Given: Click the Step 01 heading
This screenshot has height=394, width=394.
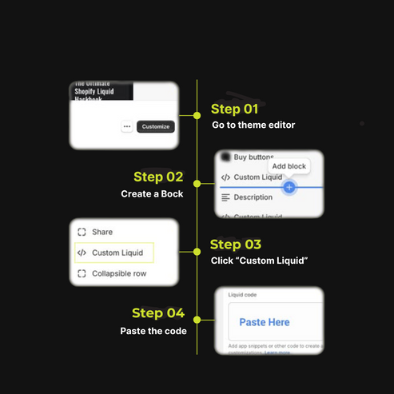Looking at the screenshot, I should coord(234,109).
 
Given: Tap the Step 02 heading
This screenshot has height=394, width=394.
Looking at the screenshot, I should coord(158,177).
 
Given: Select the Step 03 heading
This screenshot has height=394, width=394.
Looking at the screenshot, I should coord(235,245).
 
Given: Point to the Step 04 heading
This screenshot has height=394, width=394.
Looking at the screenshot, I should coord(158,312).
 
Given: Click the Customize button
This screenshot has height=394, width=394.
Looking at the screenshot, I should coord(155,126).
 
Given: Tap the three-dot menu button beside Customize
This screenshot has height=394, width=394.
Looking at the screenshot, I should coord(127,126).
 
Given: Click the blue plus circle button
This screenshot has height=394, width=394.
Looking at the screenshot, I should coord(289,187).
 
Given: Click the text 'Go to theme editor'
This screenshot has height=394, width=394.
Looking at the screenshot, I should coord(253,125).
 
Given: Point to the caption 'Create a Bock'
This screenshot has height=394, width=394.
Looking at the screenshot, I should coord(152,194).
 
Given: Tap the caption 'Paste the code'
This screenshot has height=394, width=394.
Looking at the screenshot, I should coord(153,330).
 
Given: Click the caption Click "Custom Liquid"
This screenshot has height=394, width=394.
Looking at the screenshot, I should coord(259,262).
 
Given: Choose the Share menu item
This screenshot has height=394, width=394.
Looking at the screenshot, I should coord(101,232).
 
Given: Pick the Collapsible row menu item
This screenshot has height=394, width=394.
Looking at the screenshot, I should coord(118,274).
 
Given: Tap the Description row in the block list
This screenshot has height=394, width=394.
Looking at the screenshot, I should coord(253,197).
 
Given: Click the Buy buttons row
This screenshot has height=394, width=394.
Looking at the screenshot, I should coord(253,158).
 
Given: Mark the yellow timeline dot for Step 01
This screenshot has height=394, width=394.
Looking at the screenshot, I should coord(197,114).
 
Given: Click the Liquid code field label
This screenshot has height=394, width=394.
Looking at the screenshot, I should coord(242,295).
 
